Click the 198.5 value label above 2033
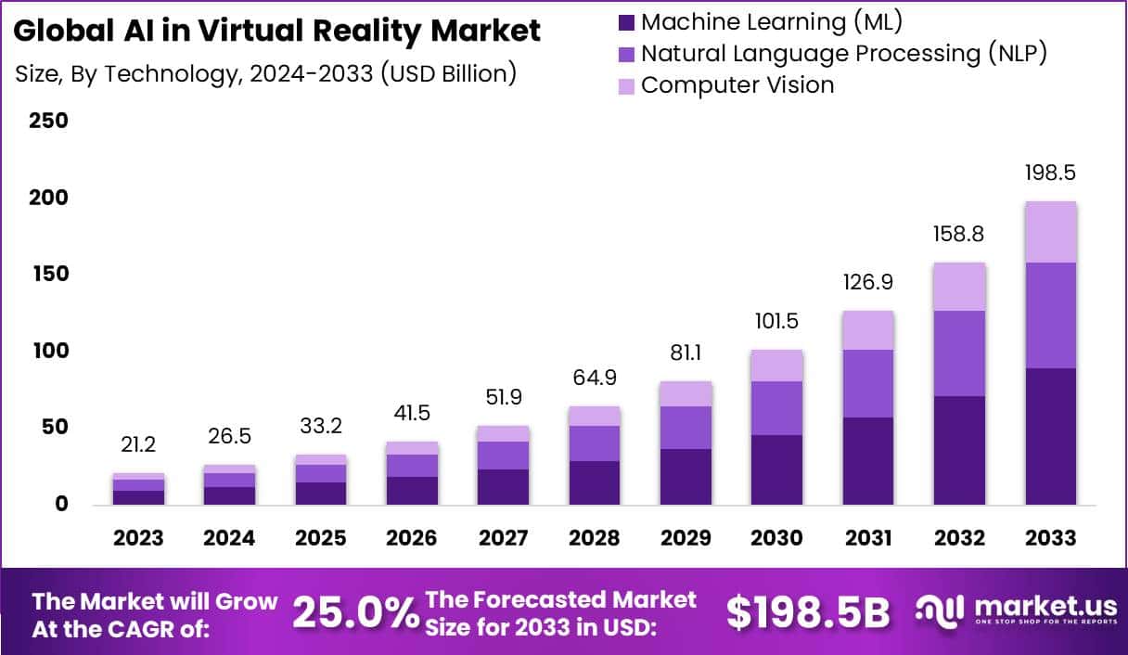pos(1050,173)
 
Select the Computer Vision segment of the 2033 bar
pos(1050,232)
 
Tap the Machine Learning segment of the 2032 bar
pos(959,451)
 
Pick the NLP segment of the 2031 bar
pos(868,383)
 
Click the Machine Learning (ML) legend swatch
pos(626,21)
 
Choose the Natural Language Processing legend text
pos(843,53)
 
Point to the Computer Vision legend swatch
pos(626,85)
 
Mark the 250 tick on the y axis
pos(48,121)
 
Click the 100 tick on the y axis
pos(48,351)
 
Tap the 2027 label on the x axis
pos(503,538)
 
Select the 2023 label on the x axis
pos(138,538)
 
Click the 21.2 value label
pos(138,445)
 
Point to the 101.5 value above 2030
pos(776,321)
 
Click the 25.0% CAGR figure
pos(355,613)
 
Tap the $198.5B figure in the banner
pos(807,613)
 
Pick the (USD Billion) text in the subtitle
pos(448,73)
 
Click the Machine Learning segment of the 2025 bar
pos(320,494)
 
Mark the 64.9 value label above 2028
pos(594,378)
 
